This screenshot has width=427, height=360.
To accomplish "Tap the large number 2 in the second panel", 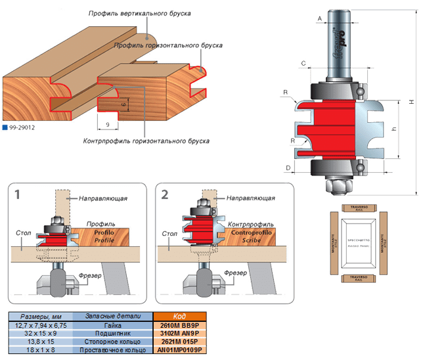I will (165, 195).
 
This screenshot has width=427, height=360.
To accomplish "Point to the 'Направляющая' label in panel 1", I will (102, 198).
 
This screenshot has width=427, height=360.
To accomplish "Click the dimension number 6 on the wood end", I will (122, 102).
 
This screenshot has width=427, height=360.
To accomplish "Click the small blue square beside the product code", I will (5, 129).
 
